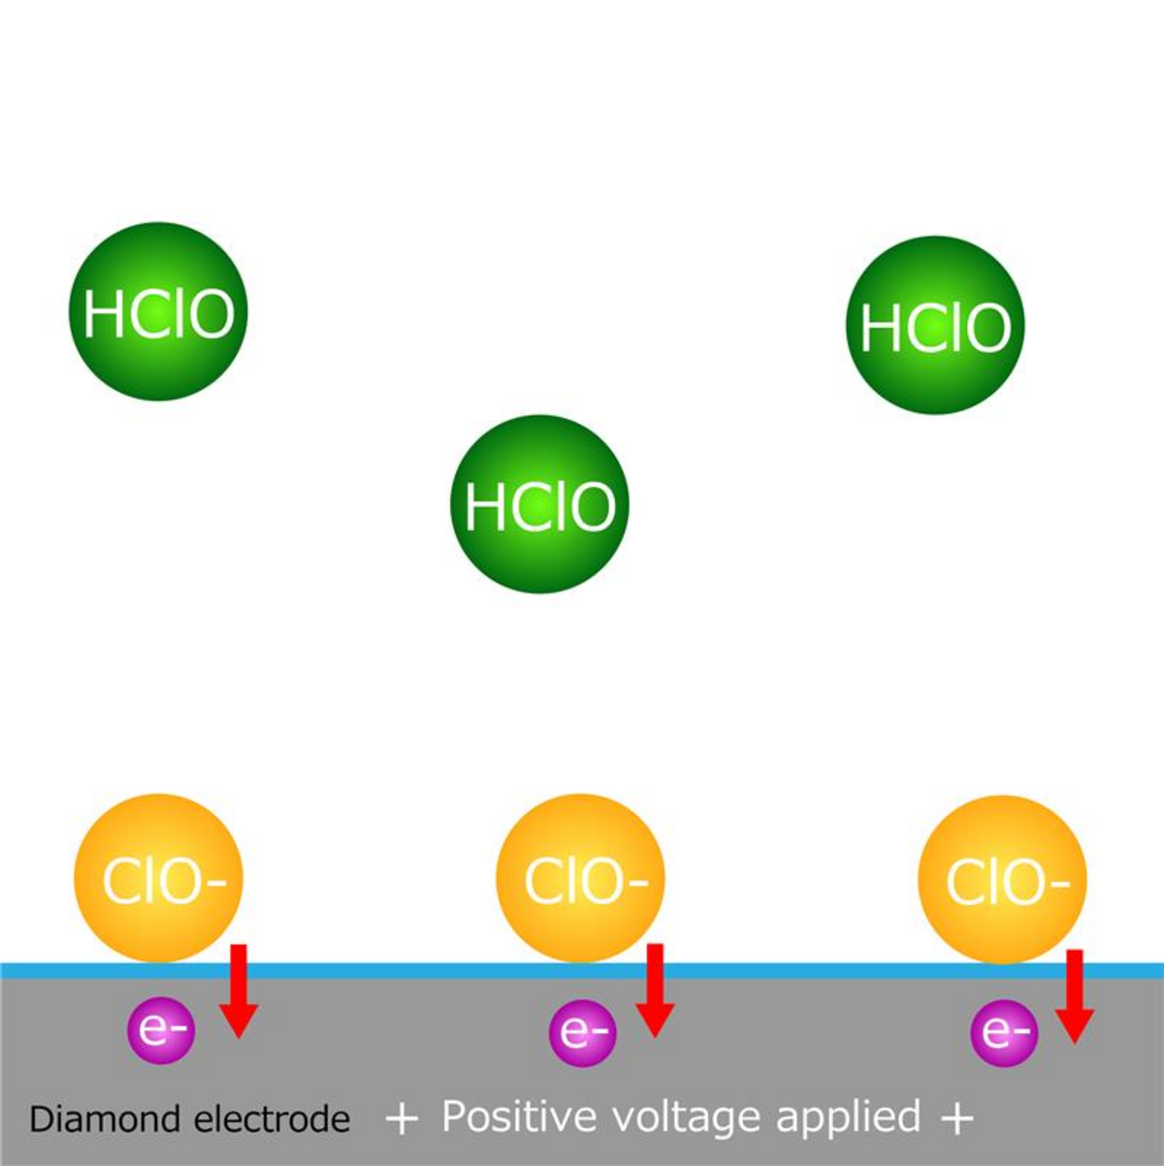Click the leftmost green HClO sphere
coord(158,311)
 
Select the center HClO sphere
coord(539,503)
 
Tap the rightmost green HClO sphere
coord(935,325)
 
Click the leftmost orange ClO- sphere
coord(158,878)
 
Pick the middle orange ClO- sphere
coord(580,878)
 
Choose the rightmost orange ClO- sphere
coord(1002,879)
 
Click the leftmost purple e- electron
coord(162,1030)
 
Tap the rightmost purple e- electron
coord(1004,1032)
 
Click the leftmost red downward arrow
coord(238,989)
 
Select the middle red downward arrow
coord(655,989)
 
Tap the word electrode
coord(273,1119)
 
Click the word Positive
coord(521,1117)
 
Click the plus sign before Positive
coord(402,1118)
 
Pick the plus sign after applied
coord(956,1118)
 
